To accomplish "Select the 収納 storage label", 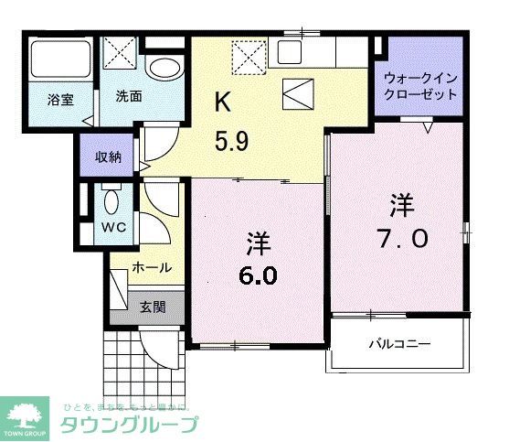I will [x=109, y=156].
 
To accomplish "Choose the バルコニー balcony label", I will [x=399, y=345].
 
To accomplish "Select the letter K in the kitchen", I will [x=222, y=102].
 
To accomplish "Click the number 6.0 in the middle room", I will [x=260, y=275].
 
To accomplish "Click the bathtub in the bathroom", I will [x=58, y=59].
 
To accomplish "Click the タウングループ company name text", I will [x=128, y=424].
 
